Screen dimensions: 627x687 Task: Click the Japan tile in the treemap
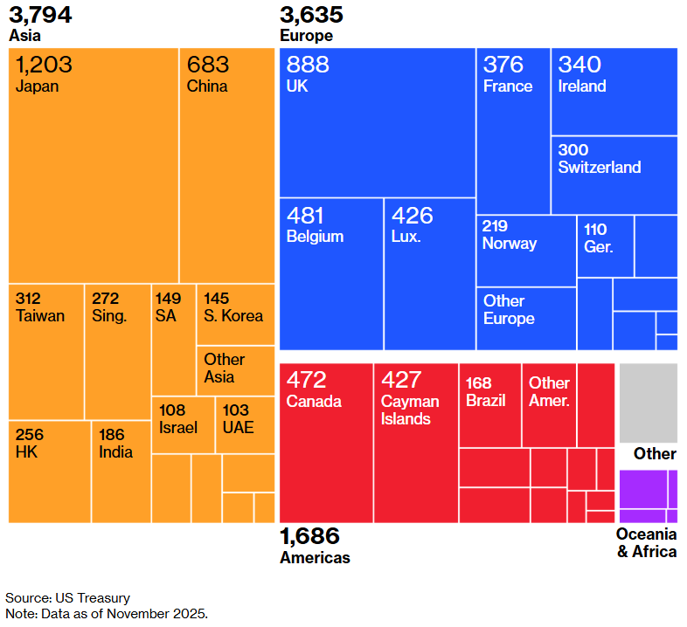[94, 166]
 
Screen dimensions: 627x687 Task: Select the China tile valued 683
[227, 166]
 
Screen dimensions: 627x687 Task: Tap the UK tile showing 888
[377, 122]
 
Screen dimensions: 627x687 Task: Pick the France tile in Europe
[513, 131]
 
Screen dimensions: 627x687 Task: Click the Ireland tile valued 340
[614, 92]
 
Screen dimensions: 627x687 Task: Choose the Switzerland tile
[614, 175]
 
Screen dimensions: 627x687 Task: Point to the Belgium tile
[331, 273]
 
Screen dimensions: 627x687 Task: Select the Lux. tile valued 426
[429, 273]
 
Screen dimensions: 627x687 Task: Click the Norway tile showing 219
[526, 251]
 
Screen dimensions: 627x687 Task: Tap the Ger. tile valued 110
[605, 245]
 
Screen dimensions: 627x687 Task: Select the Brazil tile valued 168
[489, 405]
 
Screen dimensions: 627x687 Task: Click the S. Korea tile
[235, 314]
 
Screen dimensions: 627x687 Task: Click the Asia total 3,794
[40, 15]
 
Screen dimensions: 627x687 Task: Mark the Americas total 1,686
[309, 536]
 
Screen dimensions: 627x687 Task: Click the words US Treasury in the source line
[93, 598]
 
